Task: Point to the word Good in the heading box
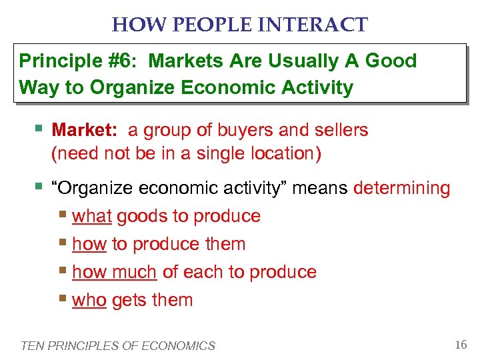point(391,61)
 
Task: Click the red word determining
point(402,188)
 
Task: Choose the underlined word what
point(91,216)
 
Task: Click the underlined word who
point(89,300)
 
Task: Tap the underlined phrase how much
point(114,272)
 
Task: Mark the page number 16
point(460,345)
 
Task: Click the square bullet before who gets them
point(63,299)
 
